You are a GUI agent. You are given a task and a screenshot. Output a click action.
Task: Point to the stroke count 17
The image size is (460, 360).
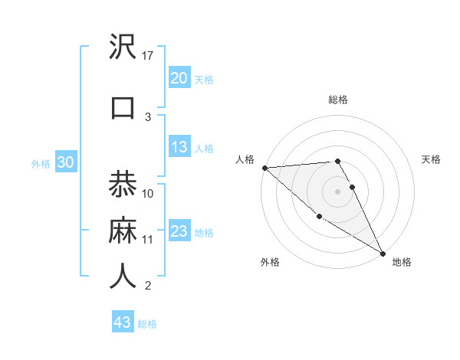[149, 56]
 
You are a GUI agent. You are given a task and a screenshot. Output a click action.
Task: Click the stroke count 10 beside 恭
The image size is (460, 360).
[149, 193]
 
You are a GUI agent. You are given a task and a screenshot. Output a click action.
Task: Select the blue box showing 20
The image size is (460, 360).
[179, 78]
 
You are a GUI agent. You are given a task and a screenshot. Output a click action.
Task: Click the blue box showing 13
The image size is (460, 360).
[179, 148]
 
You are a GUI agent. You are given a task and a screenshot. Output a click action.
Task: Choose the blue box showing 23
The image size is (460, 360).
[179, 231]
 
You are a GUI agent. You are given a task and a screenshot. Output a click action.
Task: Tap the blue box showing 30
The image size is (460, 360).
[65, 163]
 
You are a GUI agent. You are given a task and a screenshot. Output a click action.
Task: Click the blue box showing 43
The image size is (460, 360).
[122, 322]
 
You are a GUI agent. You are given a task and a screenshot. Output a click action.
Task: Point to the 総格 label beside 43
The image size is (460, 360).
[147, 324]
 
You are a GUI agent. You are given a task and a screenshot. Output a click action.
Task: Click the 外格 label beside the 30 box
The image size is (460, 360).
[41, 164]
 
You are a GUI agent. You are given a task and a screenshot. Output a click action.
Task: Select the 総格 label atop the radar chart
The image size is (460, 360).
[337, 100]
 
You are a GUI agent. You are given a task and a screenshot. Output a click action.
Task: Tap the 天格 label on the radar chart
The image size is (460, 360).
[432, 159]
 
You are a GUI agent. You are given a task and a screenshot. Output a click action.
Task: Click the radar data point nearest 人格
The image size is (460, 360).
[264, 168]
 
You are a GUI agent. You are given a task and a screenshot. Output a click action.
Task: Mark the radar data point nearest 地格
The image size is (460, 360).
[383, 253]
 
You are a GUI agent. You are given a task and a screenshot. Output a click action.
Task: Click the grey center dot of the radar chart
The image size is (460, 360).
[337, 191]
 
